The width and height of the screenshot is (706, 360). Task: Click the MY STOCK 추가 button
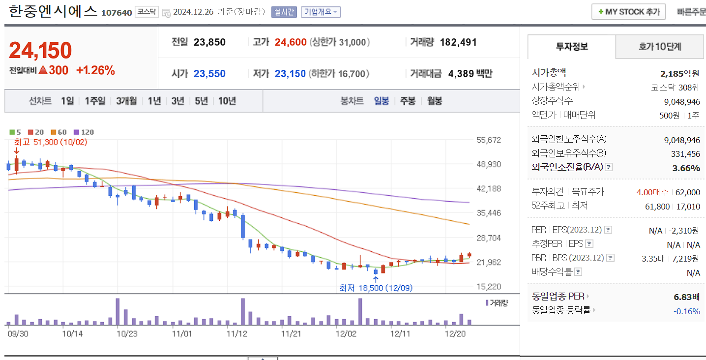tap(629, 12)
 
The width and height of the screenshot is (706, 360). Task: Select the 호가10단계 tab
tap(660, 47)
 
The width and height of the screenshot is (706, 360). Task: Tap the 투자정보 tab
tap(571, 47)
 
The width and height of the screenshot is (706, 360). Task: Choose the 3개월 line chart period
tap(126, 101)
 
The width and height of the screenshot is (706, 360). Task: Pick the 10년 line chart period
tap(227, 101)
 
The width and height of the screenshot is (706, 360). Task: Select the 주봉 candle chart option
tap(408, 101)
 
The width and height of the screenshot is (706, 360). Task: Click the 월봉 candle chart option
tap(435, 101)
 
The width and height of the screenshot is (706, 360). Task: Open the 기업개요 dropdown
tap(321, 12)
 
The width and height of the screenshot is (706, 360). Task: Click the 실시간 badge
tap(284, 12)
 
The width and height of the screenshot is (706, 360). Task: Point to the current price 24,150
tap(40, 50)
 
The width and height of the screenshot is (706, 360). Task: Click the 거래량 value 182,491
tap(458, 42)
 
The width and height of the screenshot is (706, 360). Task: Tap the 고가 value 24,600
tap(291, 42)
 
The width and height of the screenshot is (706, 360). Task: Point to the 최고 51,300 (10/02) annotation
tap(50, 142)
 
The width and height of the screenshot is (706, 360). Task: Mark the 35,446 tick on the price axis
tap(489, 213)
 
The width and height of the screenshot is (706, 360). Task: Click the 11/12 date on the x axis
tap(236, 333)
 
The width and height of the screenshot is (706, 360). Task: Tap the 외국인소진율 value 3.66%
tap(686, 168)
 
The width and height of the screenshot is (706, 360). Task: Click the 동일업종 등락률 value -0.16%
tap(686, 311)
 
